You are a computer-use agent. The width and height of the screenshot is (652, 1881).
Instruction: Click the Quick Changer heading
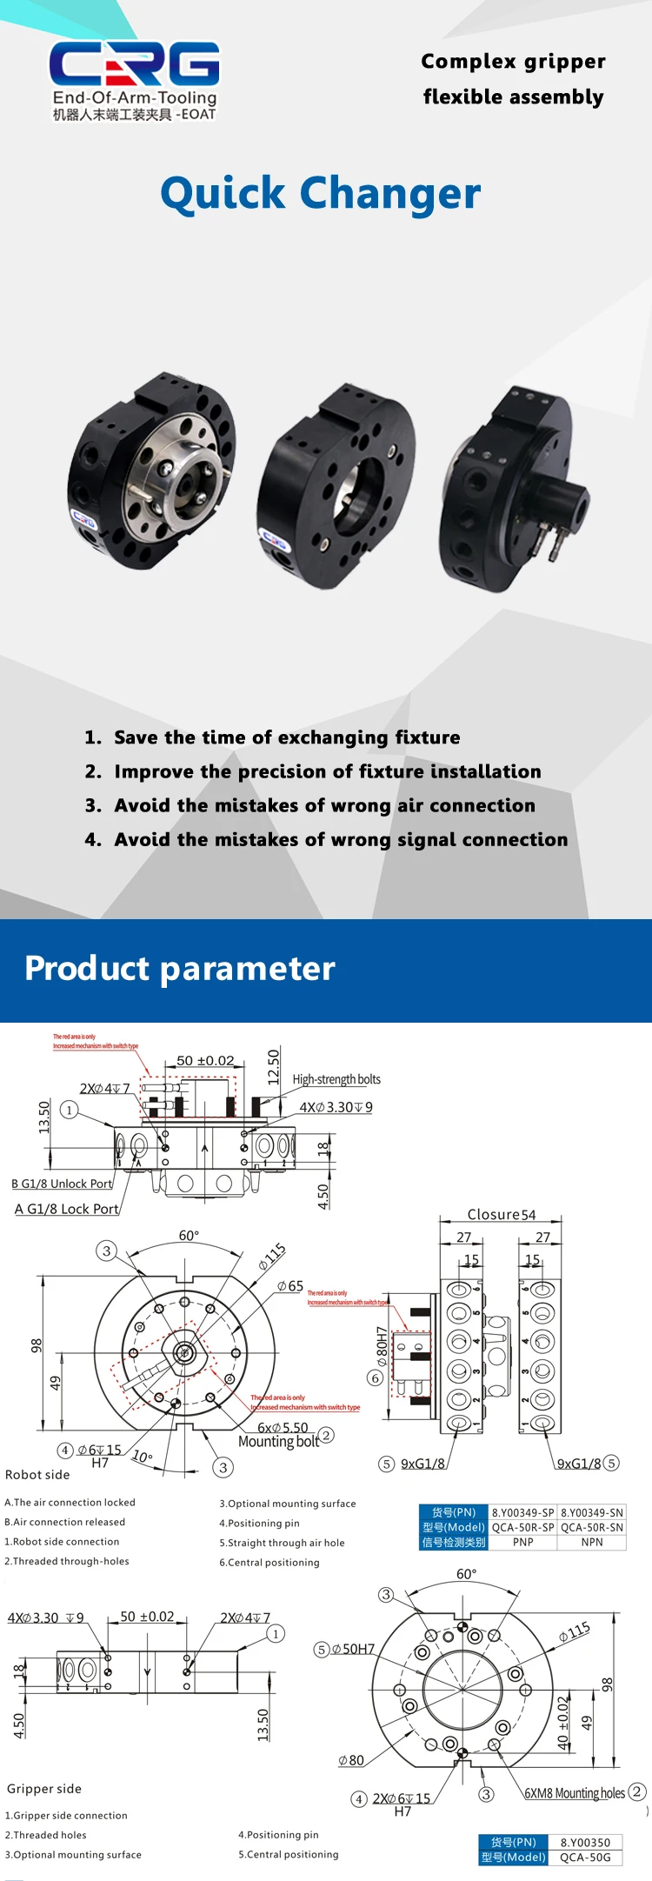tap(320, 194)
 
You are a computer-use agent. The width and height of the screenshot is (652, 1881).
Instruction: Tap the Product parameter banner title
tap(179, 969)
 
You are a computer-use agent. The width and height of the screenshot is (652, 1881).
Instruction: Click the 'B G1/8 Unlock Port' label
tap(63, 1184)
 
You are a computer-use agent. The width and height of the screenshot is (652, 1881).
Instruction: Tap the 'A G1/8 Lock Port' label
tap(67, 1209)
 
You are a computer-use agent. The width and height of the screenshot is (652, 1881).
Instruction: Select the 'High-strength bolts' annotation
tap(336, 1079)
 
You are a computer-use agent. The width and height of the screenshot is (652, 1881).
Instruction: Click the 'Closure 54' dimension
tap(502, 1215)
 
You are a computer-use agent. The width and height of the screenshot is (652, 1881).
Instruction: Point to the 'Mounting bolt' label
tap(278, 1441)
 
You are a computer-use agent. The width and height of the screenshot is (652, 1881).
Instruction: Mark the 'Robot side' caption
tap(37, 1474)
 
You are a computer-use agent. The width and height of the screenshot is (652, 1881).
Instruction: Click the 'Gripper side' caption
tap(44, 1789)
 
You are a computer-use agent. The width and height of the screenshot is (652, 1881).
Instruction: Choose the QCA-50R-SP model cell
tap(522, 1527)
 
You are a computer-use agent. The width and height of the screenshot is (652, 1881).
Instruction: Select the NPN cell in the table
tap(592, 1542)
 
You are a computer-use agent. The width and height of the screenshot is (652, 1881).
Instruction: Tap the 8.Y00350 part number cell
tap(585, 1842)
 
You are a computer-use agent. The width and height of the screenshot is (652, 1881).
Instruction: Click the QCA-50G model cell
tap(585, 1858)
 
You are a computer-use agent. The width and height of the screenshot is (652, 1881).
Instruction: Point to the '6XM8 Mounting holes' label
tap(575, 1793)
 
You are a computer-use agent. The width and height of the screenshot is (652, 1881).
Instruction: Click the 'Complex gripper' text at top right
tap(513, 62)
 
